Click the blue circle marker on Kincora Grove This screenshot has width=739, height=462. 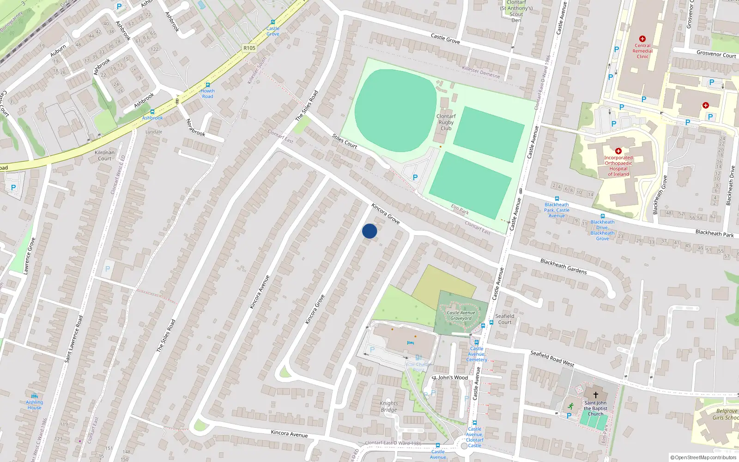369,231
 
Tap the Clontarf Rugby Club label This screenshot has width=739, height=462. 446,122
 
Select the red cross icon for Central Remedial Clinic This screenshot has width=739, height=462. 642,39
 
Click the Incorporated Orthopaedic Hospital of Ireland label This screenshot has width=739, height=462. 618,166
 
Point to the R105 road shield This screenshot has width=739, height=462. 249,48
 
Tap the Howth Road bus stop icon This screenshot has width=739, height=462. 207,85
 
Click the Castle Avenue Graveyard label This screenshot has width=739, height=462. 461,316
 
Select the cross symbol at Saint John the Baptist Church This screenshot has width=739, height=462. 596,395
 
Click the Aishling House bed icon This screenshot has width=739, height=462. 34,396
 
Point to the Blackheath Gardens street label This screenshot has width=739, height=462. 563,266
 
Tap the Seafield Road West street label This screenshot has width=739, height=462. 552,359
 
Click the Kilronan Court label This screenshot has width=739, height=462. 104,155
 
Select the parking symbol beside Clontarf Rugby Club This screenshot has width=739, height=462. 415,177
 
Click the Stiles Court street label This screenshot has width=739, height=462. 345,141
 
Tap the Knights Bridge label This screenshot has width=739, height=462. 388,407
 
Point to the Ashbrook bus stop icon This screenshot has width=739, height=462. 152,112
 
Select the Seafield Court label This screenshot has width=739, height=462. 504,319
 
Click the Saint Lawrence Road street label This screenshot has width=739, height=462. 74,339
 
